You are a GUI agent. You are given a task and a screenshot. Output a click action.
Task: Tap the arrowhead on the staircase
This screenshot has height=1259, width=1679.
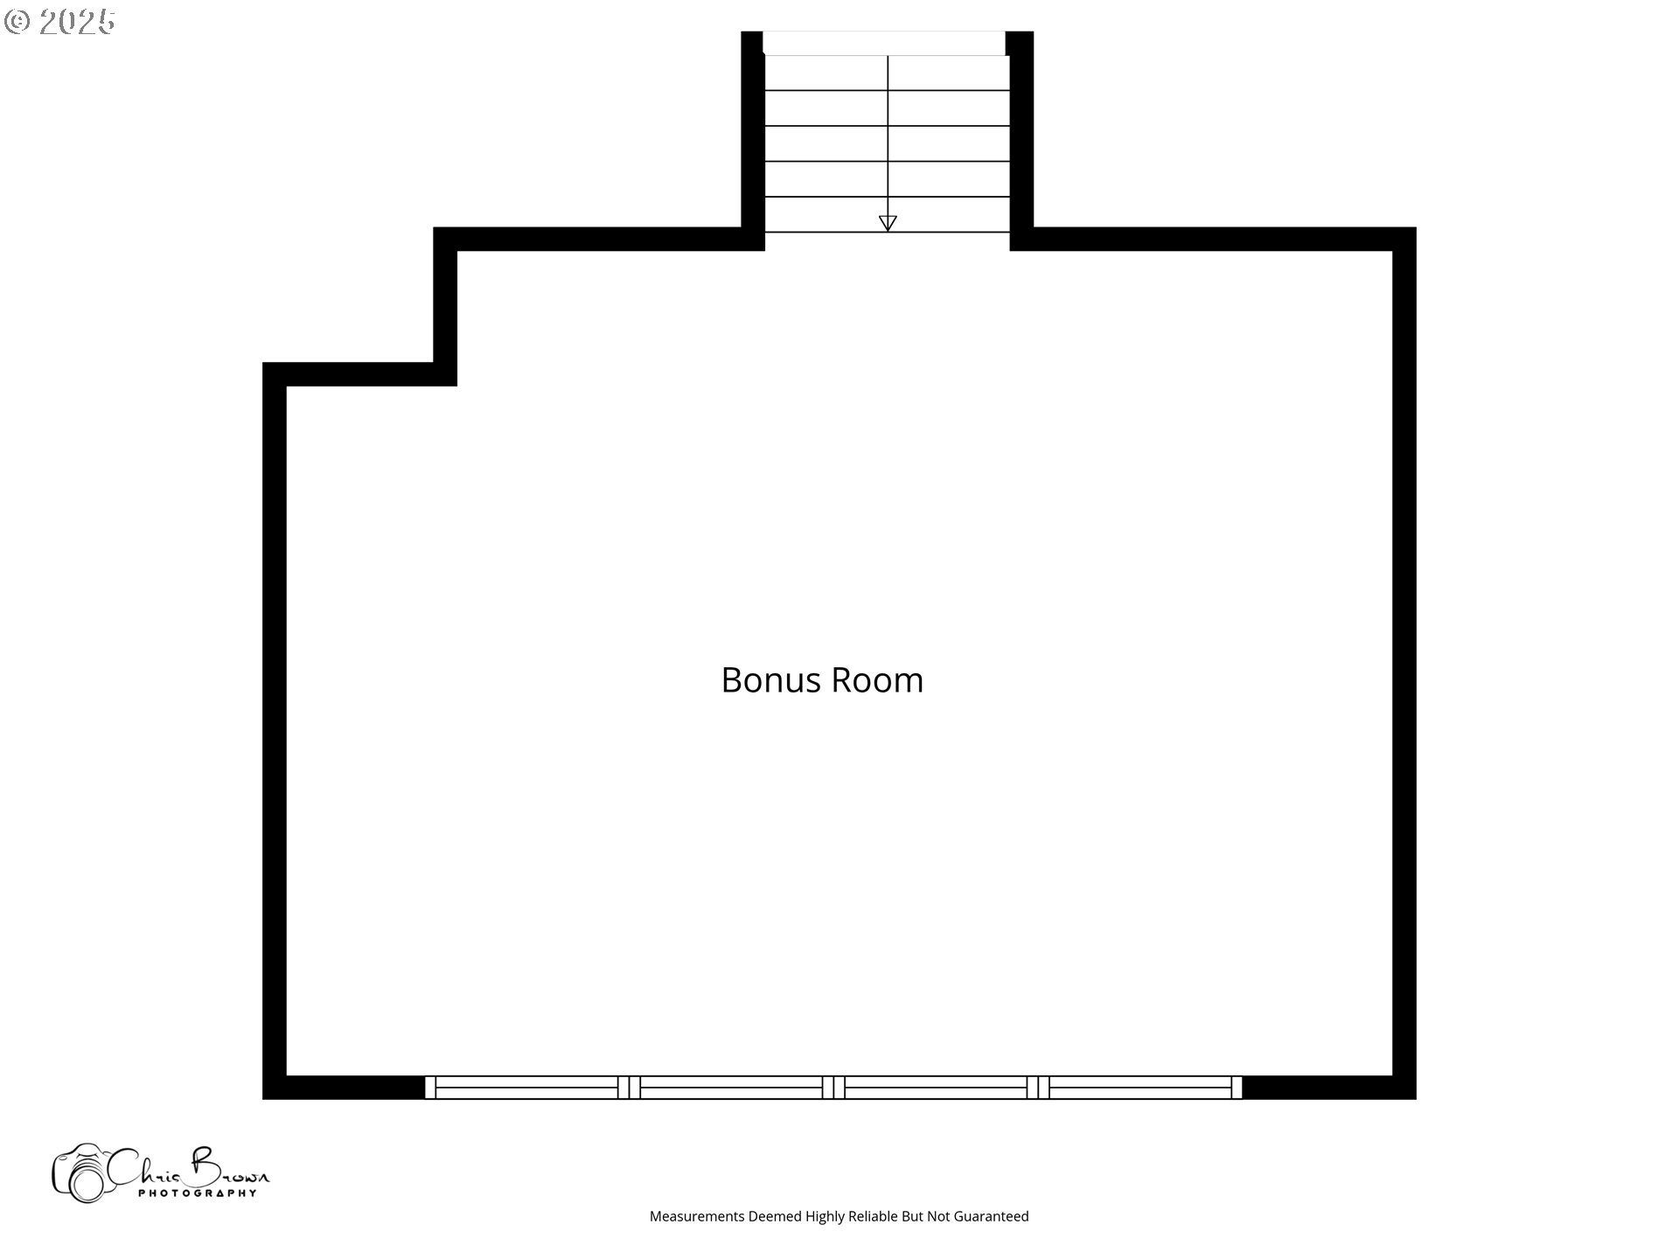pyautogui.click(x=888, y=223)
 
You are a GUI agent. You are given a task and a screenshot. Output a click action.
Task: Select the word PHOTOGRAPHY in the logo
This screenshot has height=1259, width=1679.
pyautogui.click(x=198, y=1193)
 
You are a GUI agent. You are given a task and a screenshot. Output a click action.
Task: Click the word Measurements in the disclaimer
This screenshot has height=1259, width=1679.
pyautogui.click(x=697, y=1216)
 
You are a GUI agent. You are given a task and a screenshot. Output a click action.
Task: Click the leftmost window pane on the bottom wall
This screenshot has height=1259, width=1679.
pyautogui.click(x=526, y=1088)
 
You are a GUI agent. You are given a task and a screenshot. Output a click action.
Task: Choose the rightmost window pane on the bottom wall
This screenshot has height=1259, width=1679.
pyautogui.click(x=1140, y=1088)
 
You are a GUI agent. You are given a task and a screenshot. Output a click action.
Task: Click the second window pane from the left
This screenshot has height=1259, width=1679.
pyautogui.click(x=731, y=1088)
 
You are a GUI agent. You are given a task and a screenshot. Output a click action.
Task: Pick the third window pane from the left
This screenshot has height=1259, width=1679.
pyautogui.click(x=936, y=1088)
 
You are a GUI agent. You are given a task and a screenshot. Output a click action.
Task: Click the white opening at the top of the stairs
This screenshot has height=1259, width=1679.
pyautogui.click(x=884, y=43)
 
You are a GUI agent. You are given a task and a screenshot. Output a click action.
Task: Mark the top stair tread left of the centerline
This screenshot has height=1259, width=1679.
pyautogui.click(x=826, y=73)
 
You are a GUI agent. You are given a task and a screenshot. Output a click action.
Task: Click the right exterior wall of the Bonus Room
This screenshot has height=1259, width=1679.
pyautogui.click(x=1404, y=663)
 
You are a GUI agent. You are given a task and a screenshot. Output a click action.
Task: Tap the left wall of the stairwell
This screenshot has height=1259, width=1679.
pyautogui.click(x=753, y=141)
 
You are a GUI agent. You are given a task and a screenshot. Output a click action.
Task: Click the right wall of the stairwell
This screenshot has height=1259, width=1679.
pyautogui.click(x=1021, y=141)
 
